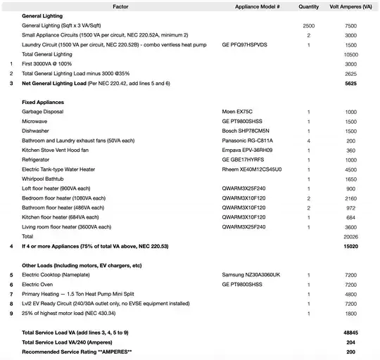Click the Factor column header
120,6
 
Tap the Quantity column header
308,6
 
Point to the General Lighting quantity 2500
308,25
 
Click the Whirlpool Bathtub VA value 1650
351,179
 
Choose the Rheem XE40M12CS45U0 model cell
252,169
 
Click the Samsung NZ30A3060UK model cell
251,274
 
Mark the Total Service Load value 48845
350,332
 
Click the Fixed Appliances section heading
43,103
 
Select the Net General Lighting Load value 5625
350,83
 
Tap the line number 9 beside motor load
11,313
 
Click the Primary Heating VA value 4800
350,294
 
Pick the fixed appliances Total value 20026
350,237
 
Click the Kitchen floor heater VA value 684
351,218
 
